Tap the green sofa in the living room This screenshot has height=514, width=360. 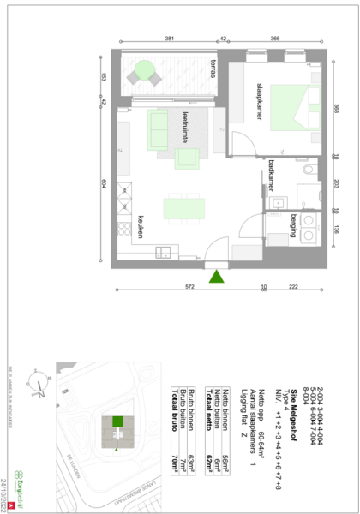[158, 129]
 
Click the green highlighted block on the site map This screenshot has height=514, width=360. [117, 421]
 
